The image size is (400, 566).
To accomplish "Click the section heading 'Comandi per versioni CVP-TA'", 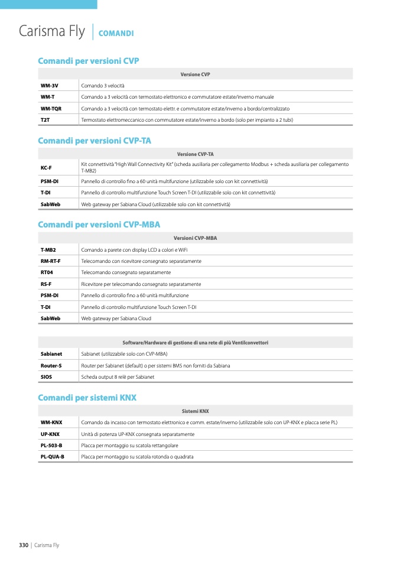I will [95, 141].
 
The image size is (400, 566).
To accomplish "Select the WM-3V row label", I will [49, 86].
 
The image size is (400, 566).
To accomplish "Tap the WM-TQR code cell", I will [51, 109].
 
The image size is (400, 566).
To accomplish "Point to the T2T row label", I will [45, 120].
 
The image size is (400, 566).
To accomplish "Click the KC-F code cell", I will [46, 167].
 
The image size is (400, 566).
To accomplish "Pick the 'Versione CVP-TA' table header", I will [195, 154].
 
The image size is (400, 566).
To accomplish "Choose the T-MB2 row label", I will [48, 250].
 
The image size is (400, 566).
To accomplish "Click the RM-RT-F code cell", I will [50, 261].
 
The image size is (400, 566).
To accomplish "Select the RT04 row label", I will [47, 272].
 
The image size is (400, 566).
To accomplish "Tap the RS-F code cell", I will [46, 284].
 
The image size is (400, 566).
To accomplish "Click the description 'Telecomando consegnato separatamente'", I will [126, 272].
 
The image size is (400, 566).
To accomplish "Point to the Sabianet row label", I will [51, 354].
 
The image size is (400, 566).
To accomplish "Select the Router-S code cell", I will [51, 366].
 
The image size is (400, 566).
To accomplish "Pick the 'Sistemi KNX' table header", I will [195, 411].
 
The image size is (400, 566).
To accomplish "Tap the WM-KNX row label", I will [51, 422].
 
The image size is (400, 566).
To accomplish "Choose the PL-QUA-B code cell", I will [53, 457].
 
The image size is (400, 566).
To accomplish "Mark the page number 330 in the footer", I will [24, 545].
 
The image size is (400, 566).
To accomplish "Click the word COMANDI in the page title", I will [116, 34].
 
